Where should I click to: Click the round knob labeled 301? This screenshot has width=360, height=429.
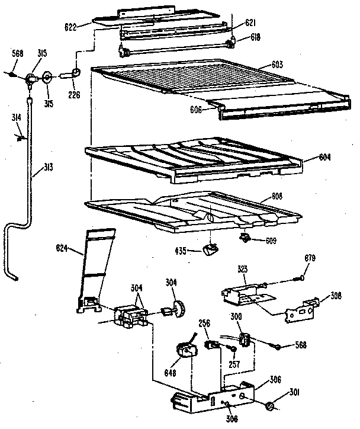coord(269,406)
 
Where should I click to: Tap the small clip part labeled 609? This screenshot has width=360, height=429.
coord(243,238)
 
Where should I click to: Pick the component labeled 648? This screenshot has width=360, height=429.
coord(187,351)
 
